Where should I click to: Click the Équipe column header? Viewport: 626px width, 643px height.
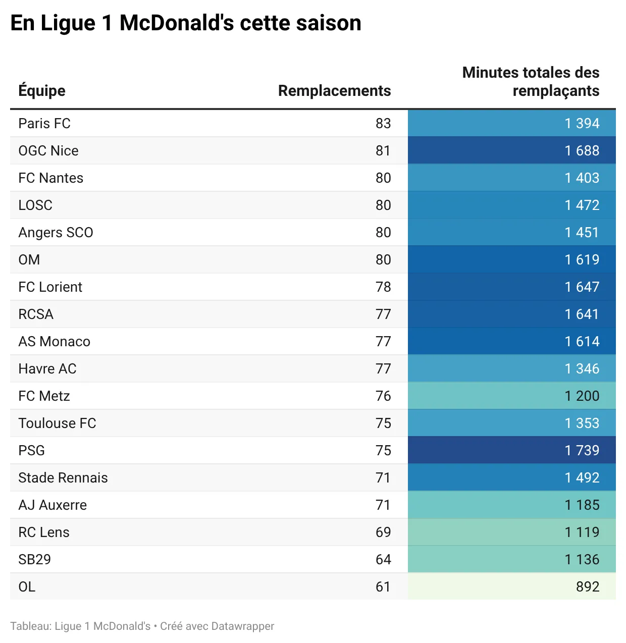click(42, 90)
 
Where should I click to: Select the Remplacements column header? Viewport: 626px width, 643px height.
click(334, 90)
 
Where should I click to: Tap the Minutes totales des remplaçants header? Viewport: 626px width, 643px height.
click(531, 81)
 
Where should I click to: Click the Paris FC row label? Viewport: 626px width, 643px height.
click(44, 123)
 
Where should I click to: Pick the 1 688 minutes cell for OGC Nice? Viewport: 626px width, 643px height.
click(582, 150)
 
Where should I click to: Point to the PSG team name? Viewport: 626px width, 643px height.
click(32, 450)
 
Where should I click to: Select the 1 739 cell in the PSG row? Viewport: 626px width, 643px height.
click(582, 450)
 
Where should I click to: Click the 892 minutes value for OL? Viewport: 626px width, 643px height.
click(588, 586)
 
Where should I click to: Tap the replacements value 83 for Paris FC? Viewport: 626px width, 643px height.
click(383, 123)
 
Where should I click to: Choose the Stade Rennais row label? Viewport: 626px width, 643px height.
click(63, 477)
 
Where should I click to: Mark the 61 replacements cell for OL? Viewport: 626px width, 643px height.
click(383, 586)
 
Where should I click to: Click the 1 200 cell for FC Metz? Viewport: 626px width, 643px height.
click(582, 396)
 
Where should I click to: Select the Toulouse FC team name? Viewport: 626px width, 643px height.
click(57, 423)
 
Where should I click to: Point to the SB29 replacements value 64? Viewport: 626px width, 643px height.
click(383, 559)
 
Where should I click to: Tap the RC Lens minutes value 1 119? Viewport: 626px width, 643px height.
click(582, 532)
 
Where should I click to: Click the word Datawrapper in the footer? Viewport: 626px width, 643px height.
click(242, 626)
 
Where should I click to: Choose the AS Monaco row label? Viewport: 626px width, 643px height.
click(55, 341)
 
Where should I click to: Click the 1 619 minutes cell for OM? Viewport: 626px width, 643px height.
click(582, 259)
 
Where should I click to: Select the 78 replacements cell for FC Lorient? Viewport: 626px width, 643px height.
click(383, 287)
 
